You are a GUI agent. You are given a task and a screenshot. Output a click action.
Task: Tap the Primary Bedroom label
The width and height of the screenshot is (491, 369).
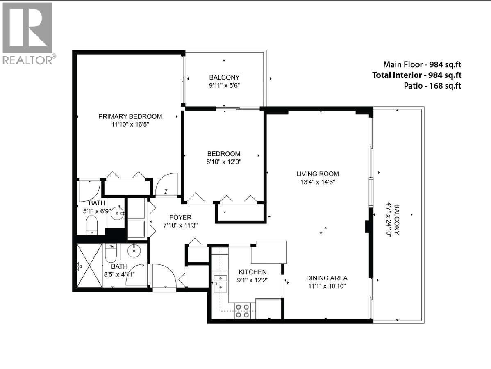pos(130,116)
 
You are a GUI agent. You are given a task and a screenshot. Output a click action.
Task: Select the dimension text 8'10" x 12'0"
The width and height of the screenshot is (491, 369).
pos(224,162)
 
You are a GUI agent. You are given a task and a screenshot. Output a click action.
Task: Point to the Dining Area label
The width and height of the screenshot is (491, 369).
pos(327,278)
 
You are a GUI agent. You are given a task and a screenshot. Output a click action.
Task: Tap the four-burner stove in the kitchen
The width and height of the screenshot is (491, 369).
pos(242,311)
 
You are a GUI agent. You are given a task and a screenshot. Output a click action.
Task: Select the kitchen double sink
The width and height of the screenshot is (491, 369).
pos(220,282)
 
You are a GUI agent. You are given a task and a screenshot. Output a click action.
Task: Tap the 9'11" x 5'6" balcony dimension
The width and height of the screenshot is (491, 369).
pos(224,86)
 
